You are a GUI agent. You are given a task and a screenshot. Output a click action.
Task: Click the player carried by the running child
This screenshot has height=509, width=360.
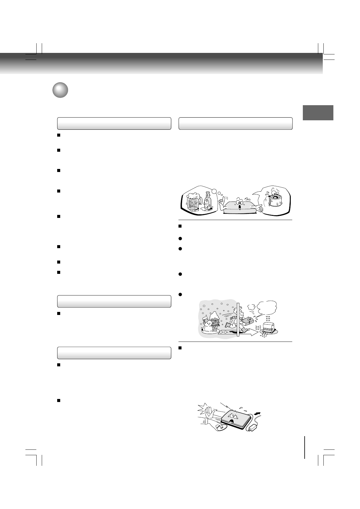click(249, 320)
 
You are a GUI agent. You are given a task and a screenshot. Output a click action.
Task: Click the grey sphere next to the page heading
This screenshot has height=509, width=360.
click(60, 90)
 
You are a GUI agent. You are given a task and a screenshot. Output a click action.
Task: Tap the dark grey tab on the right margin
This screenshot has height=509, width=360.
click(318, 113)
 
